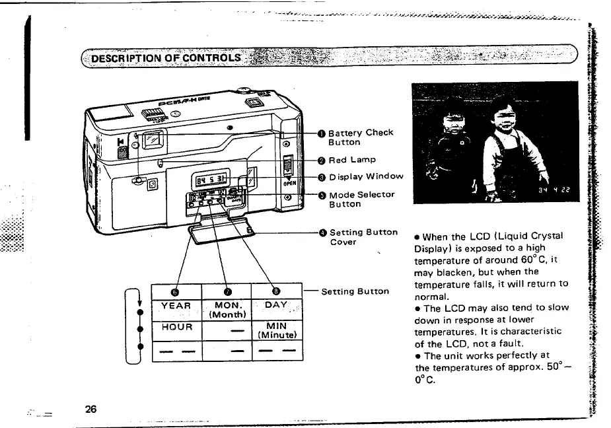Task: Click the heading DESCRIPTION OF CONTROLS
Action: (166, 57)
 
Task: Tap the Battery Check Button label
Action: (361, 137)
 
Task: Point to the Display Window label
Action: (366, 176)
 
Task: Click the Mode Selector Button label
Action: (361, 199)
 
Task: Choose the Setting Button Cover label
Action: (363, 236)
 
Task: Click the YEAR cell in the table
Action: (176, 306)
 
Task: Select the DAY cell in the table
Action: (276, 305)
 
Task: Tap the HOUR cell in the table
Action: (176, 327)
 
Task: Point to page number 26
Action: (90, 409)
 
